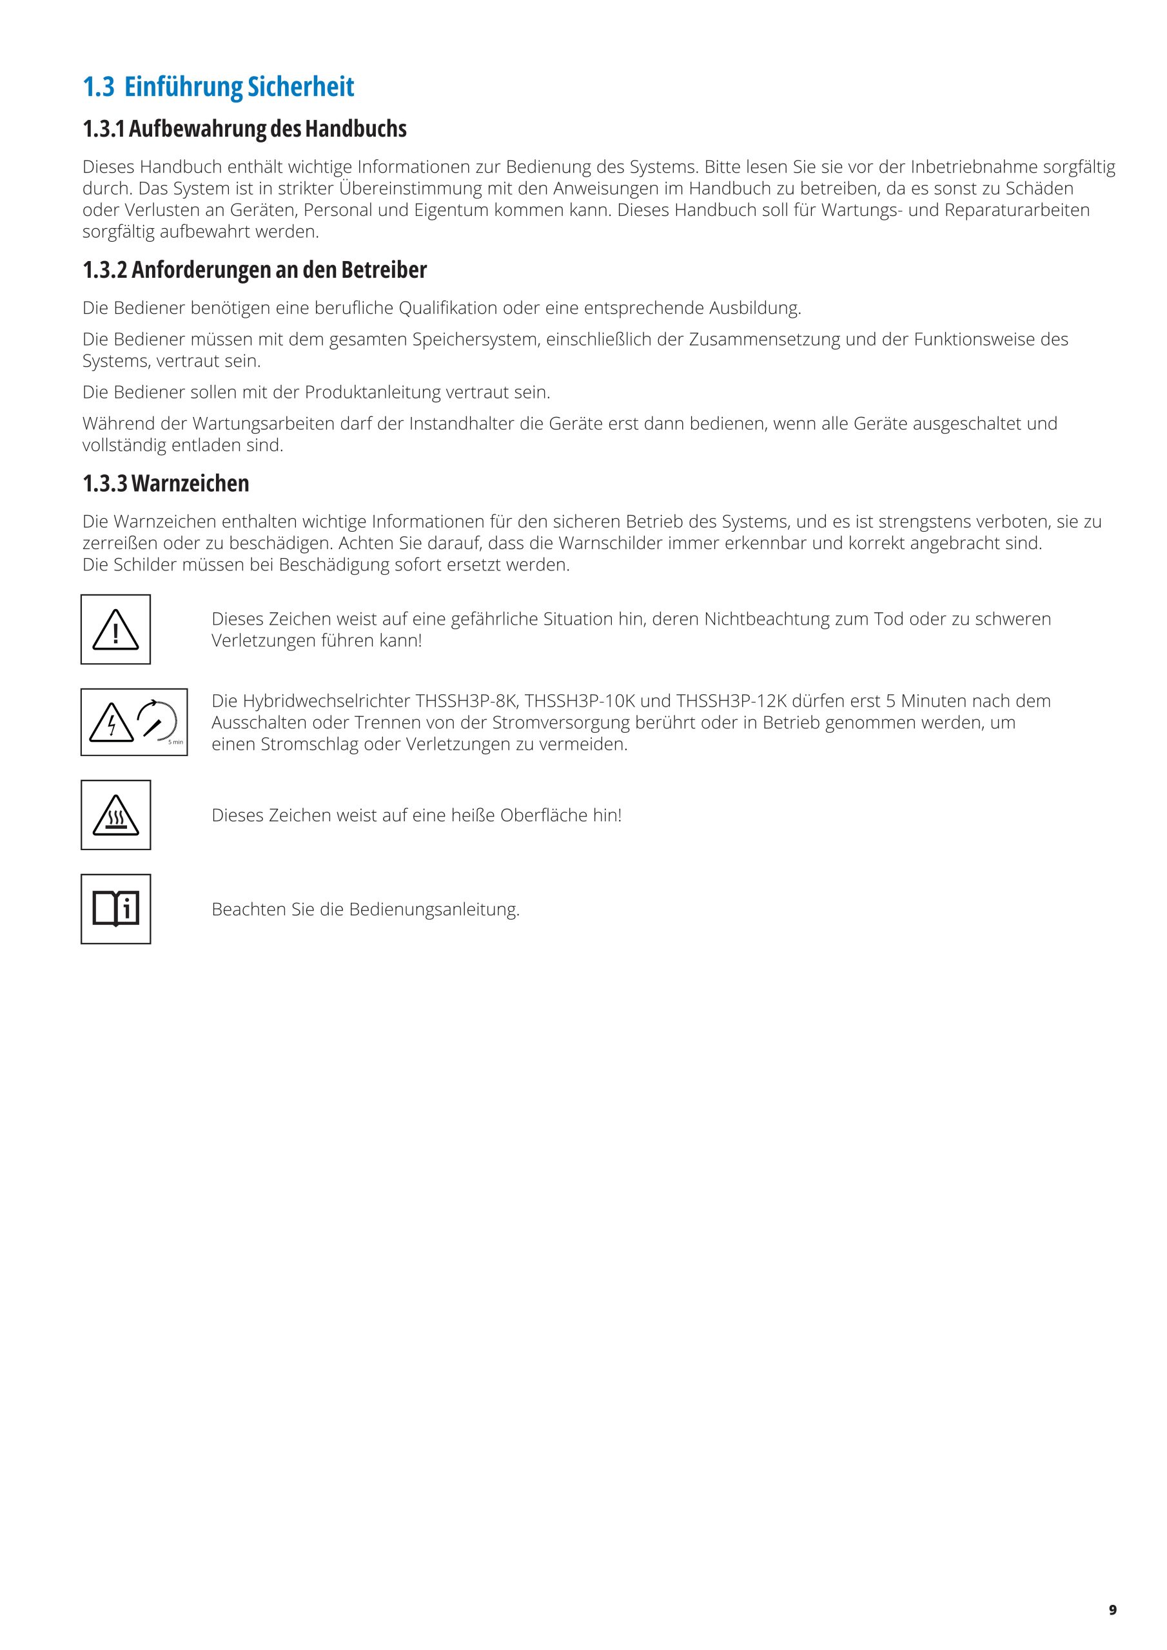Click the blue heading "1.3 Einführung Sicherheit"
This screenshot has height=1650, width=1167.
(218, 87)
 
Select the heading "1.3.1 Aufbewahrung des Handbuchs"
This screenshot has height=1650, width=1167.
(244, 129)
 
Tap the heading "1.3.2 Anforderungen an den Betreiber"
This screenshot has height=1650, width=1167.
(255, 270)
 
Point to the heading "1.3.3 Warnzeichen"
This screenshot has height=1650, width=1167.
(166, 483)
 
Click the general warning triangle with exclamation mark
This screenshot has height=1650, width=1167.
(116, 630)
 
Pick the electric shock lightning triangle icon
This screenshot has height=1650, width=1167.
(112, 723)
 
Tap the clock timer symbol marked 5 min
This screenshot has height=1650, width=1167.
(157, 721)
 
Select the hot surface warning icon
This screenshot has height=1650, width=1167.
(116, 816)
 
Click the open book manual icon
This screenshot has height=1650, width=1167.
(116, 909)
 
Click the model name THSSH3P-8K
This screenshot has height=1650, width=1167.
(476, 701)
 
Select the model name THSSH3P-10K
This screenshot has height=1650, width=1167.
(580, 701)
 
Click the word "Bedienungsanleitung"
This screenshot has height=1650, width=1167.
(435, 910)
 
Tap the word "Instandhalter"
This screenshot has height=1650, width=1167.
(462, 424)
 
